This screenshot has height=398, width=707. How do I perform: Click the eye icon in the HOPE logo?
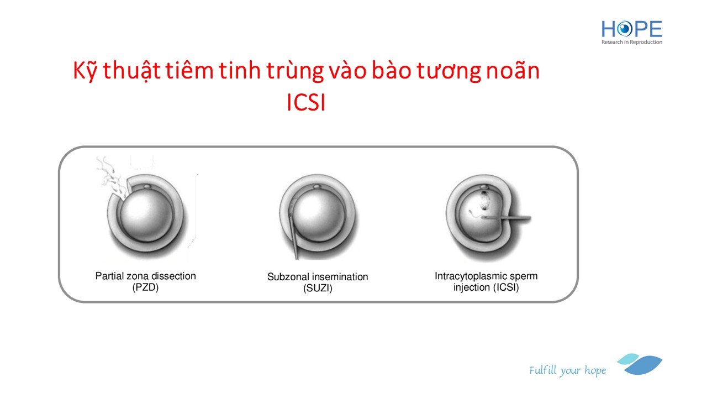pyautogui.click(x=624, y=29)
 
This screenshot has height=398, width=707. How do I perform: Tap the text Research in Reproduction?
pyautogui.click(x=631, y=42)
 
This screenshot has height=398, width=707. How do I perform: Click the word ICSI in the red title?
pyautogui.click(x=306, y=102)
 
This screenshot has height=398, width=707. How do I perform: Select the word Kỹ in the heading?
pyautogui.click(x=85, y=70)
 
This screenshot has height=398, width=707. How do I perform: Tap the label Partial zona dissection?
pyautogui.click(x=145, y=276)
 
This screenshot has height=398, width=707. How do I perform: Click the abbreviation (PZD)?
pyautogui.click(x=145, y=287)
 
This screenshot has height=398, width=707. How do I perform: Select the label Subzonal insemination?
pyautogui.click(x=318, y=277)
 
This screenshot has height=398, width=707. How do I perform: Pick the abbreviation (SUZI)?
pyautogui.click(x=318, y=288)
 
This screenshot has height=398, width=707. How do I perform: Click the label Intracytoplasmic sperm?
pyautogui.click(x=486, y=276)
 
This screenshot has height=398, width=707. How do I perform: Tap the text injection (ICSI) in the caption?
pyautogui.click(x=486, y=287)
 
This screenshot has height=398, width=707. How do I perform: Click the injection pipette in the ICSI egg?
pyautogui.click(x=506, y=218)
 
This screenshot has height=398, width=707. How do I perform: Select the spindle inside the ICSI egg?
pyautogui.click(x=484, y=201)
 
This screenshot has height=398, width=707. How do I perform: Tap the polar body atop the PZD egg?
pyautogui.click(x=147, y=187)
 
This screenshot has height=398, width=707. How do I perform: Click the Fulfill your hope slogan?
pyautogui.click(x=567, y=370)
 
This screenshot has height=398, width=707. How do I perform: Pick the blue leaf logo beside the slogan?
pyautogui.click(x=640, y=364)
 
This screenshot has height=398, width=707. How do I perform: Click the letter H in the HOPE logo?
pyautogui.click(x=608, y=29)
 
